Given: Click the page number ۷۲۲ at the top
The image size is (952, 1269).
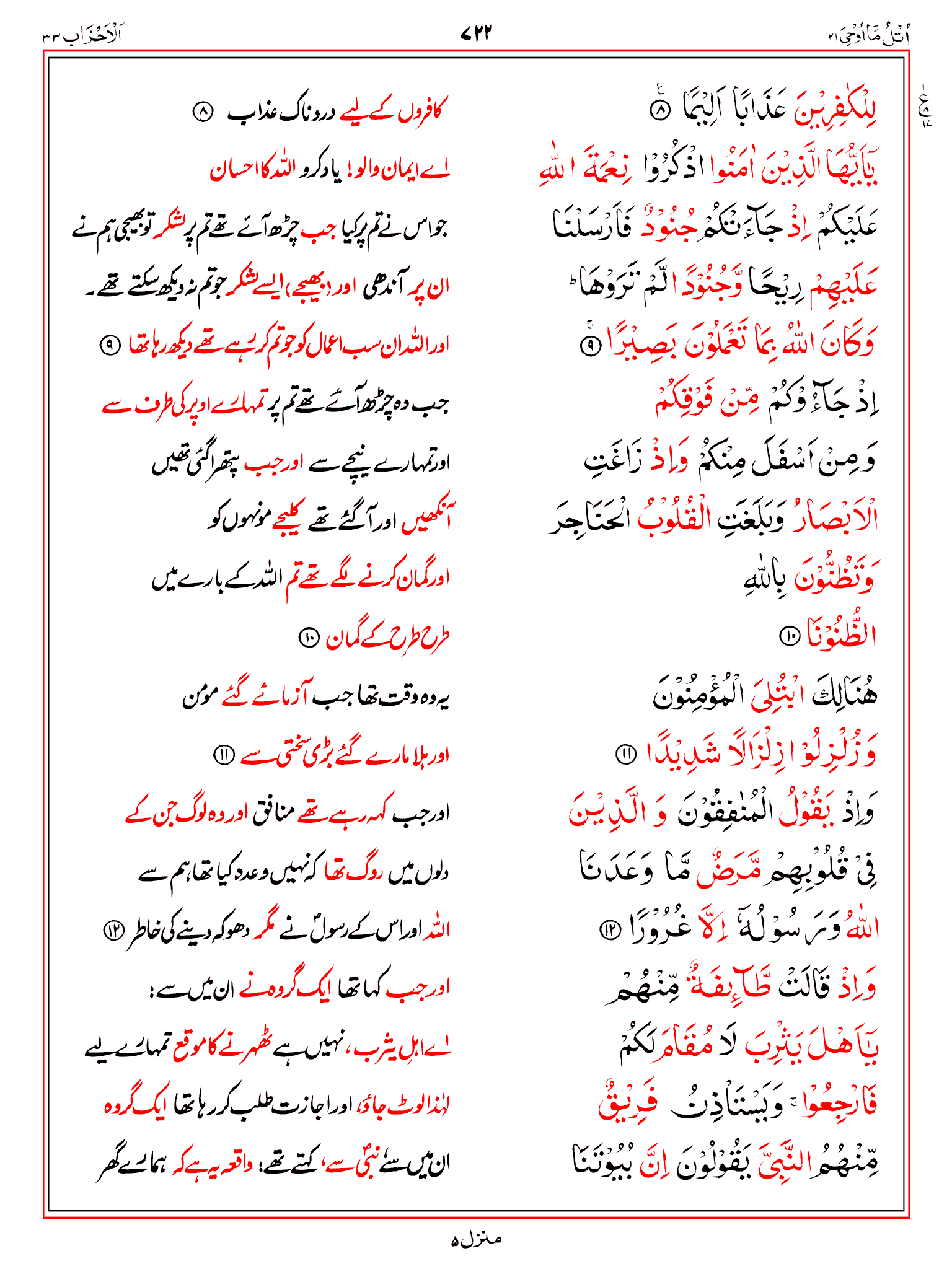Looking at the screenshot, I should tap(476, 32).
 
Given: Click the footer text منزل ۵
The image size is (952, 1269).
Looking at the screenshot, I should tap(476, 1240).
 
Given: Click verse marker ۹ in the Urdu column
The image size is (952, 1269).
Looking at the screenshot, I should tap(110, 345).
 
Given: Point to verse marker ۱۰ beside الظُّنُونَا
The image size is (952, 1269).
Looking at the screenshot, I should tap(790, 636).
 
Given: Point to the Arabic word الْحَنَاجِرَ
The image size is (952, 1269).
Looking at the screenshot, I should tap(590, 519).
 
